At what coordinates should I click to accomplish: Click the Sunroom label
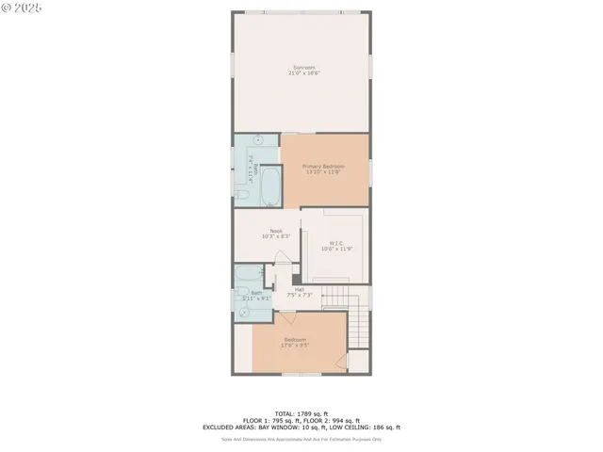pos(302,67)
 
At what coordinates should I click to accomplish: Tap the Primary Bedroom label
pos(323,167)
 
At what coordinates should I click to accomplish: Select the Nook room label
pos(276,231)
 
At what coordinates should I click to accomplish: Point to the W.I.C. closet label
pos(335,243)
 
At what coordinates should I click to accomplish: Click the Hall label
pos(299,289)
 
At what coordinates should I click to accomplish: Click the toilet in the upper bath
pos(242,195)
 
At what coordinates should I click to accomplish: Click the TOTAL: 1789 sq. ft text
pos(301,413)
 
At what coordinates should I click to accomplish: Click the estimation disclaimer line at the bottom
pos(301,438)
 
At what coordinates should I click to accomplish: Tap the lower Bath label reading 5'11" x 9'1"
pos(256,295)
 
